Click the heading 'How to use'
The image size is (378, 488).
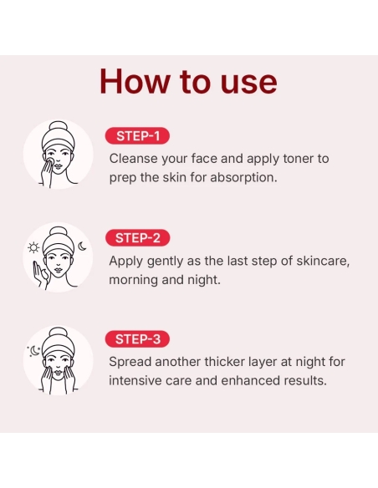point(188,81)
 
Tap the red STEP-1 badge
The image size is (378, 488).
point(138,135)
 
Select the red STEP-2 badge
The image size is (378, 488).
point(138,237)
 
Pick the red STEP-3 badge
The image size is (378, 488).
point(138,339)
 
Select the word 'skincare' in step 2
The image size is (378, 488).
point(321,260)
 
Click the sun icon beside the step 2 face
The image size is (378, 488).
point(33,247)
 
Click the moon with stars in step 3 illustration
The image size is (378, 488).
point(33,351)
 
